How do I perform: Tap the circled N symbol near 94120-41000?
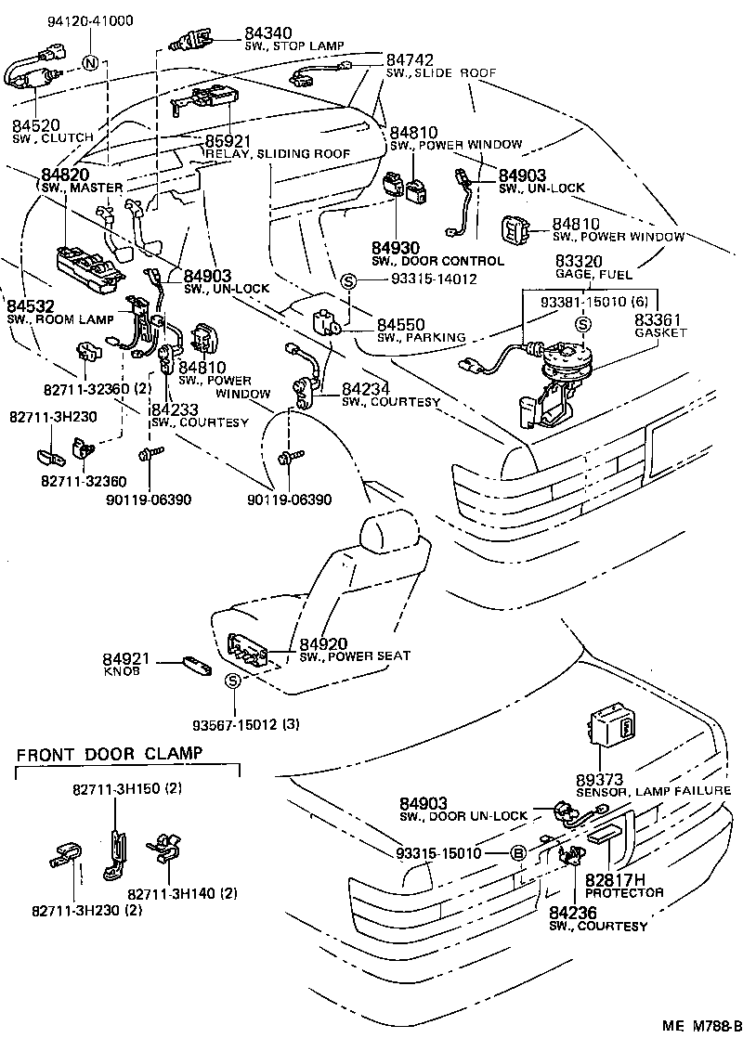tap(90, 63)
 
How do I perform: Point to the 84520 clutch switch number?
tap(36, 124)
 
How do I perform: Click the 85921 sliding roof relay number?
tap(229, 141)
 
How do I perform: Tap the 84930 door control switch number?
tap(397, 248)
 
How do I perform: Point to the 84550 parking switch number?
tap(401, 324)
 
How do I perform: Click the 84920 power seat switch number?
tap(323, 643)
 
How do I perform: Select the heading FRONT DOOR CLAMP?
tap(109, 753)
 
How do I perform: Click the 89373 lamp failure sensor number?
tap(600, 778)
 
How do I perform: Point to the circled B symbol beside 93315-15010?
tap(519, 853)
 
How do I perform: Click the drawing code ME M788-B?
tap(701, 1052)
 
